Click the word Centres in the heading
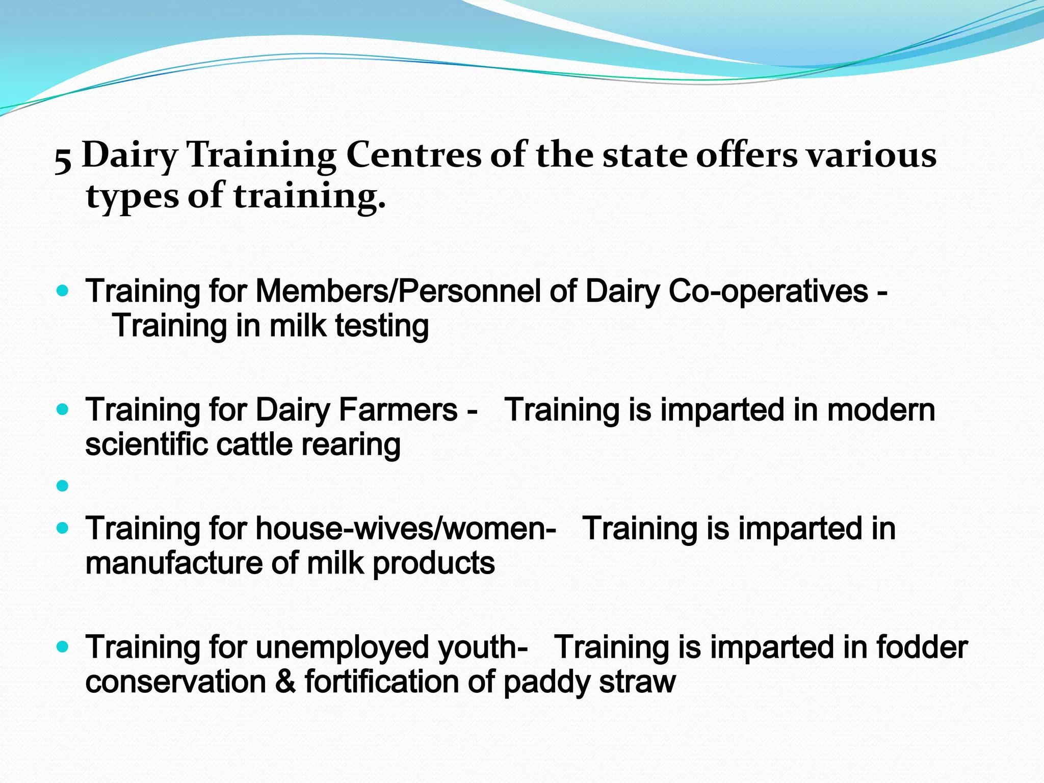pyautogui.click(x=413, y=154)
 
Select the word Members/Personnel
pyautogui.click(x=398, y=292)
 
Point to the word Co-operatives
pyautogui.click(x=768, y=292)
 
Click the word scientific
pyautogui.click(x=146, y=445)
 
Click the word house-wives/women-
pyautogui.click(x=406, y=529)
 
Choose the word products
pyautogui.click(x=434, y=564)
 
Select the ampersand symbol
pyautogui.click(x=285, y=682)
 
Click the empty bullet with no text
pyautogui.click(x=63, y=486)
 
